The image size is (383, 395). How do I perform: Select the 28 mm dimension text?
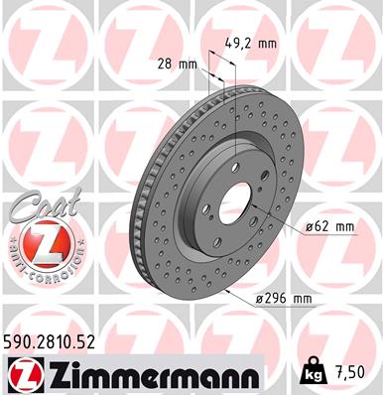179,64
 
